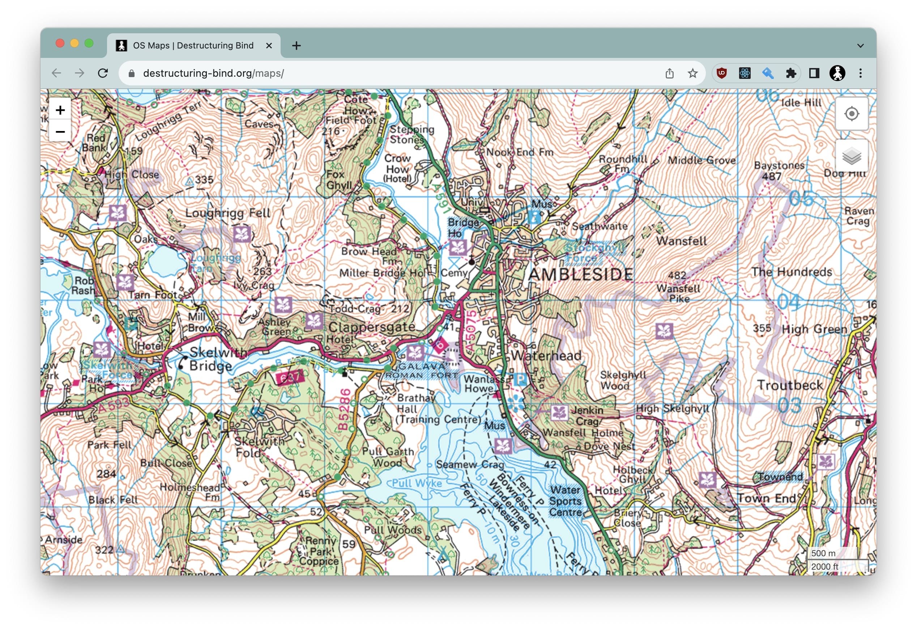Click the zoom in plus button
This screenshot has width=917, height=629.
(60, 110)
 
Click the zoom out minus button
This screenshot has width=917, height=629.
(60, 132)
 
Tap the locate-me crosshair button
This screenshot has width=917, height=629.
(852, 114)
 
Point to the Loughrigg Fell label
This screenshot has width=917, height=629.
(228, 213)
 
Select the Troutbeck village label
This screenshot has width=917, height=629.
(790, 385)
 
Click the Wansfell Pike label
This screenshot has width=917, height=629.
(678, 294)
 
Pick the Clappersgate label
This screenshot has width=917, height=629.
(371, 327)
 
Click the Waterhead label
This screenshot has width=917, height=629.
(546, 356)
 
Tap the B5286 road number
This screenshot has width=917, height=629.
(344, 409)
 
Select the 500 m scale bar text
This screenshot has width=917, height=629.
(823, 554)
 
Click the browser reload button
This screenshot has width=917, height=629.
(103, 73)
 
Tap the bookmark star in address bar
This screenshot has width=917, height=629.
(692, 73)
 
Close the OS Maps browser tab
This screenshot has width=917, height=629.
(269, 46)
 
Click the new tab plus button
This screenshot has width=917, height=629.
(297, 46)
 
